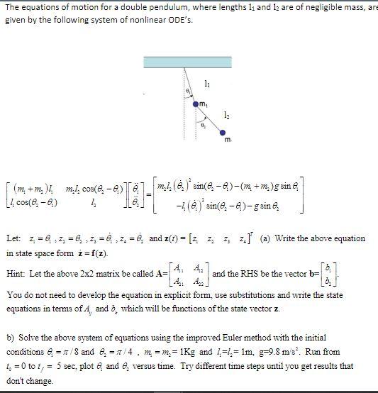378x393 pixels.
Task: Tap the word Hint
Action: (x=15, y=273)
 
